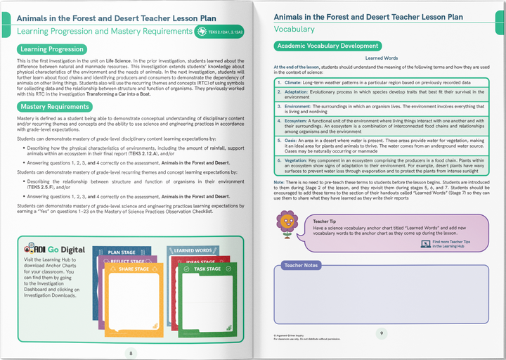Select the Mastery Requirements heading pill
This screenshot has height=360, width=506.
click(x=55, y=106)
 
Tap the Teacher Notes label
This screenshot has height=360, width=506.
click(x=301, y=265)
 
